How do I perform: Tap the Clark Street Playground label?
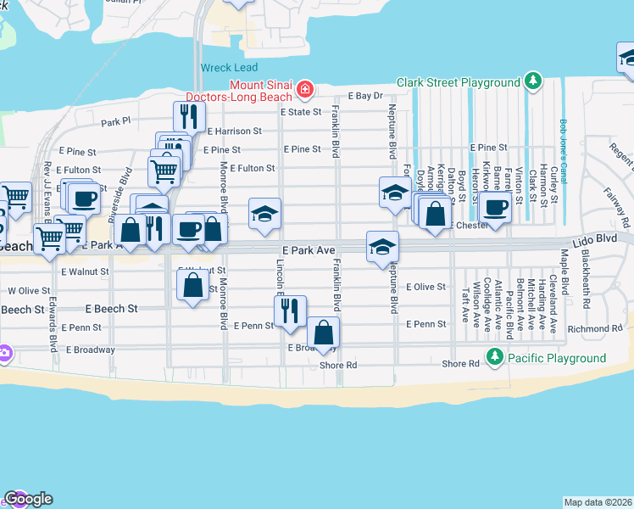(x=458, y=82)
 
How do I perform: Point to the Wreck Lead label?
(x=227, y=67)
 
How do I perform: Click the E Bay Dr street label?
(x=366, y=97)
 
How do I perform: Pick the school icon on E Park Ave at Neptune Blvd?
(x=382, y=246)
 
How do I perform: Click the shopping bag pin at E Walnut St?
(x=193, y=284)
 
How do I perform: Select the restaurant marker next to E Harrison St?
(x=189, y=116)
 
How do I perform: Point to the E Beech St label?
(x=111, y=309)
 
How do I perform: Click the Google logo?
(x=28, y=499)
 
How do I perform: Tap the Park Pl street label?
(x=116, y=121)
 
